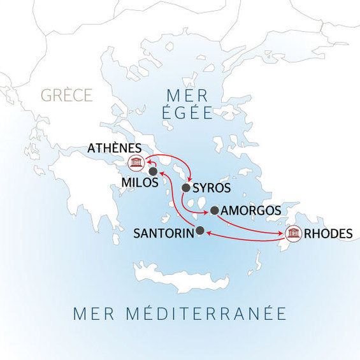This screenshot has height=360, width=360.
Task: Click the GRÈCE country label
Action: tap(67, 96)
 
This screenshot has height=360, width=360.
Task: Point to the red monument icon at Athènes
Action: tap(135, 163)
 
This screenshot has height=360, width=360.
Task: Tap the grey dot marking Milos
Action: tap(153, 171)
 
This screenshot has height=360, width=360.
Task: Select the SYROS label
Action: tap(211, 189)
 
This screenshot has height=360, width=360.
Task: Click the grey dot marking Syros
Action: tap(186, 188)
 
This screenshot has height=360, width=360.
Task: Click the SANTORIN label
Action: tap(163, 234)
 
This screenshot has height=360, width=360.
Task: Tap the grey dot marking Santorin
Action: tap(200, 231)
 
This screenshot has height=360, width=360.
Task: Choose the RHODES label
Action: tap(328, 234)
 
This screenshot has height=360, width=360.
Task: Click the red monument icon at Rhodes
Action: tap(294, 234)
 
